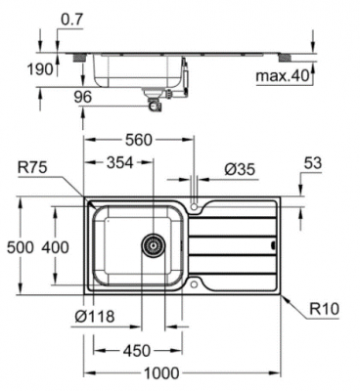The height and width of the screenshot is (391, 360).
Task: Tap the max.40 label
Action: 283,76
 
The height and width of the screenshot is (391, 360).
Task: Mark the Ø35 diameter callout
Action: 239,170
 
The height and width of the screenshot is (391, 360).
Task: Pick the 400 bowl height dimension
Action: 56,247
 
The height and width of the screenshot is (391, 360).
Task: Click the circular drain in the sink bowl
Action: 153,245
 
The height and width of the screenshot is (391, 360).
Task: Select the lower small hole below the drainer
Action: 197,285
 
